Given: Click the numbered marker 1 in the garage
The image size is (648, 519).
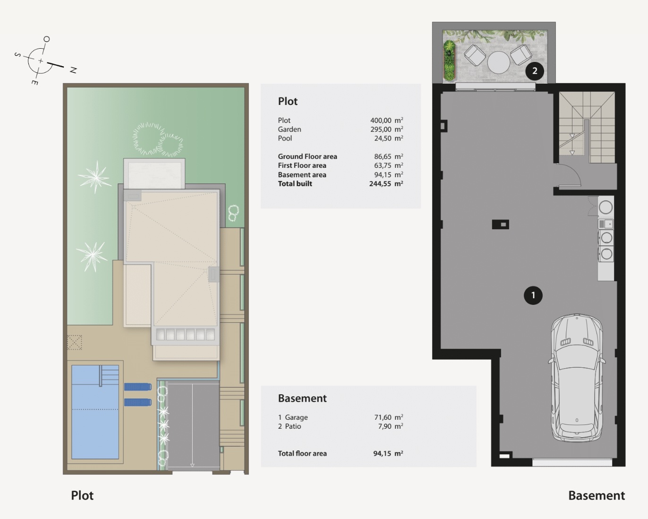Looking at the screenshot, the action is pos(533,295).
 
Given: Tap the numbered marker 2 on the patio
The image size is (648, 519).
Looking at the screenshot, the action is pos(535,71).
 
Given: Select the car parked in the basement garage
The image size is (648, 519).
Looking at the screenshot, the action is pos(577,378).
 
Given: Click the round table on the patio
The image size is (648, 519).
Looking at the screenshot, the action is pos(499,63).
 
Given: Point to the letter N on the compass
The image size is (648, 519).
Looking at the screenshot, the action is pos(73,70).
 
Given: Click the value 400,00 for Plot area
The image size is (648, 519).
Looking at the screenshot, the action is pos(381,120).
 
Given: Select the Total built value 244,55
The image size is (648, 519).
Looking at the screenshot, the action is pos(380,183).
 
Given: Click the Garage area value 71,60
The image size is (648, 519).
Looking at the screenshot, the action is pos(383,417).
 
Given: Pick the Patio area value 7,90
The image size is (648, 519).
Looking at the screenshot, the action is pos(384,426).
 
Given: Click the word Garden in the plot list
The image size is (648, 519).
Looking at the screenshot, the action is pos(290,130).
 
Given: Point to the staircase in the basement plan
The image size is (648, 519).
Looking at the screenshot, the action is pos(587,127).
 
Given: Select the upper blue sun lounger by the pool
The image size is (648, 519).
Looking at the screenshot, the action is pos(138,387).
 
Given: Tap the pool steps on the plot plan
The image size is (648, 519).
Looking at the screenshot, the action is pos(110,375).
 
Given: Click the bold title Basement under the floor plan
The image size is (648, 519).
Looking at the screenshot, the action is pos(596,495).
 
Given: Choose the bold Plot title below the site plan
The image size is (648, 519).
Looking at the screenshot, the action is pos(82,495).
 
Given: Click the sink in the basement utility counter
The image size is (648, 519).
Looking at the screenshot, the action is pos(605,224).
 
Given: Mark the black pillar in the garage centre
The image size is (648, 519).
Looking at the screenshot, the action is pos(501,224).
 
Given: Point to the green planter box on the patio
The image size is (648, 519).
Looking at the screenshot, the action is pos(449,61).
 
